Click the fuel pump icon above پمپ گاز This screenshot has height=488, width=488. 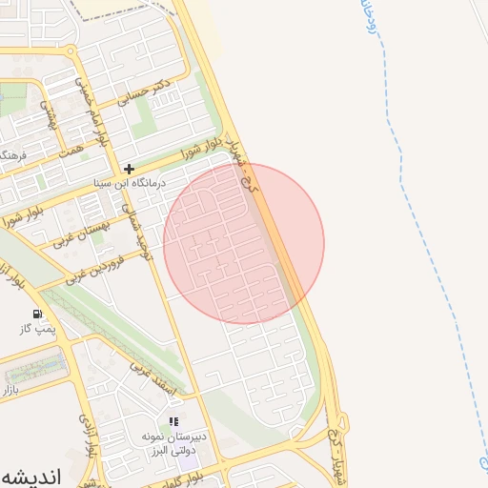coord(37,314)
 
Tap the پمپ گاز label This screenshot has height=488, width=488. coord(35,330)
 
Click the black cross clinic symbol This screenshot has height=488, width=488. coord(130,168)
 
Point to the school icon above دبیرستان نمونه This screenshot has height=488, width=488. coord(173,420)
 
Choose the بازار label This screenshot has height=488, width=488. coord(9,390)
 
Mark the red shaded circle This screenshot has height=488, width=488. coord(244,244)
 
